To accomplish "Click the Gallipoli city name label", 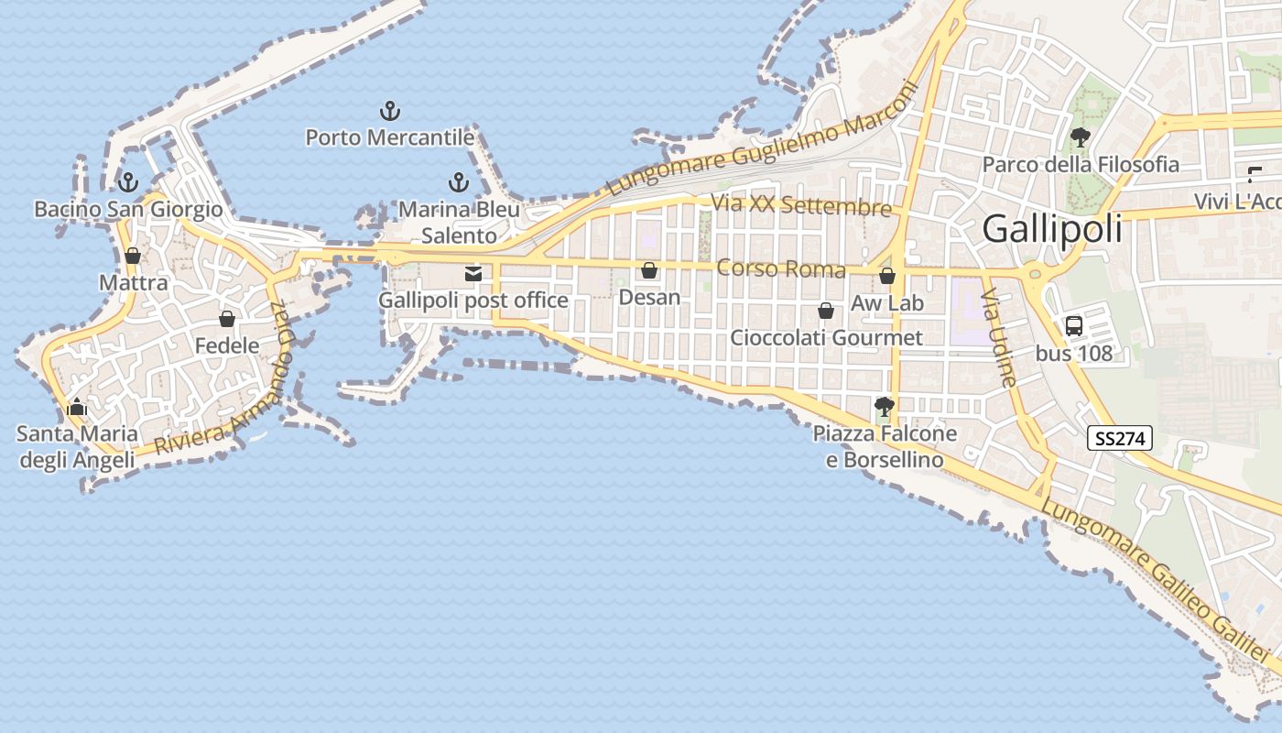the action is [1052, 229].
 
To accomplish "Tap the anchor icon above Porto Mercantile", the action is [390, 112].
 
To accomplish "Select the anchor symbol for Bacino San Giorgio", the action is [128, 181].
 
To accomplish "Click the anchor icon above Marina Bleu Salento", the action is [459, 181].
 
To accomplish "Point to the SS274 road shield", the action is [1120, 439].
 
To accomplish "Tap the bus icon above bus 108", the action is [1074, 325].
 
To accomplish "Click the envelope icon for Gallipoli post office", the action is [473, 273].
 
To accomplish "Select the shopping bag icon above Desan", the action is [649, 270].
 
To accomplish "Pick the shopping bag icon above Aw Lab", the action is [886, 275].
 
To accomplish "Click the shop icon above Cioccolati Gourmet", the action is [826, 311].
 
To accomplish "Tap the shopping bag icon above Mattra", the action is [133, 256].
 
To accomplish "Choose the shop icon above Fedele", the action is [227, 319].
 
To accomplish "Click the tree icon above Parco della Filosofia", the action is [1080, 137].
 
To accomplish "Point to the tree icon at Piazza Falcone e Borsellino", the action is [884, 405].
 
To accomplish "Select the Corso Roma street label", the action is [781, 268].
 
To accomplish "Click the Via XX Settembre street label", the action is [801, 205].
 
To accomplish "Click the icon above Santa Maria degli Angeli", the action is [77, 406].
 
